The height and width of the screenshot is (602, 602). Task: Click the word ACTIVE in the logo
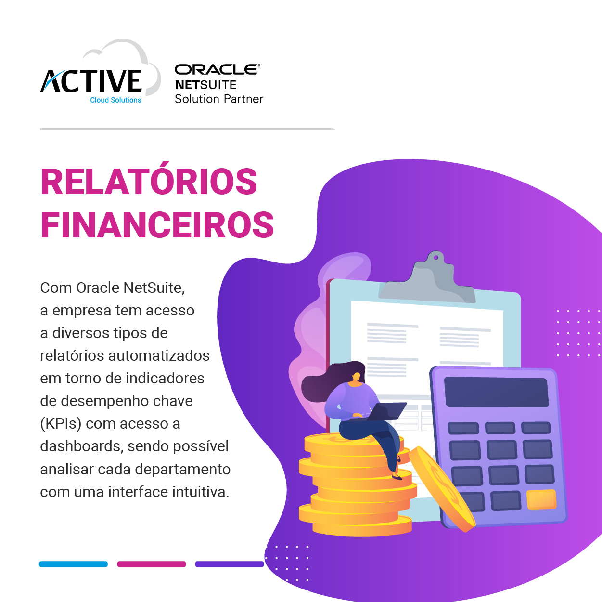91,81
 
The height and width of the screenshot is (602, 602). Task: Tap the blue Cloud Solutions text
115,100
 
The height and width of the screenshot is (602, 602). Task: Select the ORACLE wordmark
218,69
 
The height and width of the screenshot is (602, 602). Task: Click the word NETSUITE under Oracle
205,85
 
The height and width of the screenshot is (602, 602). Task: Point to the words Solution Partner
219,99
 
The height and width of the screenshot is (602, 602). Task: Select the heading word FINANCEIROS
157,225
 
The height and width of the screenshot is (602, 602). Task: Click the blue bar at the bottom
74,564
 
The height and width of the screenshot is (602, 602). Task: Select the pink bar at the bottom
152,564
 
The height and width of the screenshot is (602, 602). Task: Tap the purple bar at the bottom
230,564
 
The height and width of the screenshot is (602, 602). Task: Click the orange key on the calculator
541,499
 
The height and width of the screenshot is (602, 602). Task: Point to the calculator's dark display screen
496,392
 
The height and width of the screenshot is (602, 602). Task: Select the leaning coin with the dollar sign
441,488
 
